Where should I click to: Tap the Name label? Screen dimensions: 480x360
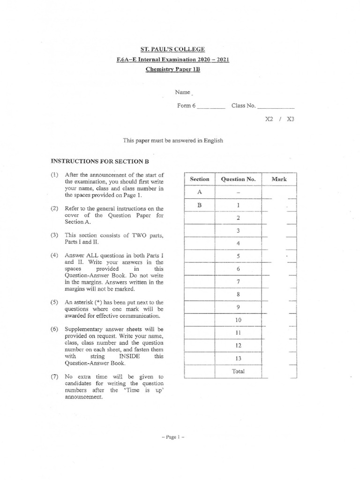(183, 93)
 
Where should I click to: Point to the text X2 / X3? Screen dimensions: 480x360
(280, 119)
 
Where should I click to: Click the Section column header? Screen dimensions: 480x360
(200, 179)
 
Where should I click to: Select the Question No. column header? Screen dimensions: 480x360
(238, 179)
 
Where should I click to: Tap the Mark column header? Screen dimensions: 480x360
(279, 179)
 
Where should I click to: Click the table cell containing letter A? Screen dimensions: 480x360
(200, 192)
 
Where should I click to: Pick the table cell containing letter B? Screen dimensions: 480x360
(200, 205)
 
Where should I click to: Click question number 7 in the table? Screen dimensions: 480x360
(238, 282)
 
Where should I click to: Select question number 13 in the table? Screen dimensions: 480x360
(238, 359)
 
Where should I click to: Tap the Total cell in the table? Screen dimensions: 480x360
(238, 371)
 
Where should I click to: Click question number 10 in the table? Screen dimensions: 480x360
(238, 320)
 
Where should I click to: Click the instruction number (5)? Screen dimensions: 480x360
(54, 303)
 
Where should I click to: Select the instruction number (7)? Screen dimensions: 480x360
(54, 377)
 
